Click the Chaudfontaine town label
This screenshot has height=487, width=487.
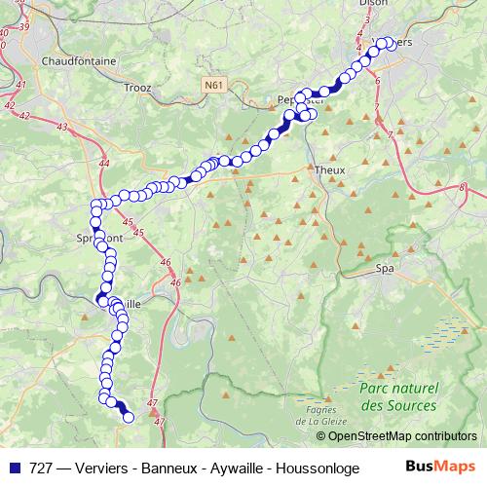(x=79, y=60)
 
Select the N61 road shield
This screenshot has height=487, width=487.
(x=214, y=86)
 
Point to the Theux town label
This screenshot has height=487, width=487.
(x=330, y=169)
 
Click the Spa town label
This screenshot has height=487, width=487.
(x=385, y=265)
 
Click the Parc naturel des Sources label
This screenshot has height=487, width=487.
(x=397, y=395)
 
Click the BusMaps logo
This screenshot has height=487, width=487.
(x=440, y=467)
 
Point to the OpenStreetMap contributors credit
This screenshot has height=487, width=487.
(x=409, y=435)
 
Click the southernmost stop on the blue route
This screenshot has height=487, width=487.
(x=129, y=419)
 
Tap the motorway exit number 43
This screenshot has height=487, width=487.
(x=63, y=128)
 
